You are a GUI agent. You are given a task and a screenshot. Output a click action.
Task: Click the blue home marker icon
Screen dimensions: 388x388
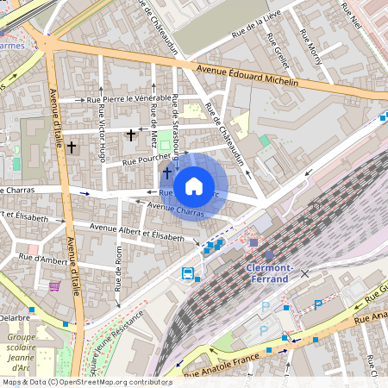coord(194,185)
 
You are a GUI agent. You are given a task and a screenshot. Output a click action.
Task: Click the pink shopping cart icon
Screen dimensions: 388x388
coord(55,286)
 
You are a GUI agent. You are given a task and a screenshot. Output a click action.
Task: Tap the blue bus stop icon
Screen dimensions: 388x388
coord(187,273)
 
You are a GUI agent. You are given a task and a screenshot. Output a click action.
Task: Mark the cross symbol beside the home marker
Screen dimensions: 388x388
coord(166,173)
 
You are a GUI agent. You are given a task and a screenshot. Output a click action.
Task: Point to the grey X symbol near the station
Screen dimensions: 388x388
coord(304,273)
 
